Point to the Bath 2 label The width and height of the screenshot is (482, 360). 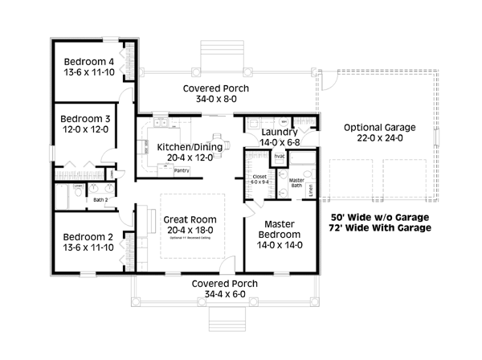pos(100,198)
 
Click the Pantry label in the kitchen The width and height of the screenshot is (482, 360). pos(182,170)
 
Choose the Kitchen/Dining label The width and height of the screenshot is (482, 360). pos(185,146)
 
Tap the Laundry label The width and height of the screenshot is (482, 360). pos(280,132)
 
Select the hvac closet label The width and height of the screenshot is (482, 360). pos(280,156)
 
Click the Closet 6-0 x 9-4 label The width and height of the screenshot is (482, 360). pos(260,178)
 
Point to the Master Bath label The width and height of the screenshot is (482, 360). pos(295,183)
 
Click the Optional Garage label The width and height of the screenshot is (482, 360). pos(379,128)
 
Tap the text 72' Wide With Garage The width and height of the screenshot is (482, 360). pos(380,228)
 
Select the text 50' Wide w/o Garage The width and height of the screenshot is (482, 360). pos(380,217)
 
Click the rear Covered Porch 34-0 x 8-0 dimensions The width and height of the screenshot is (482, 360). pos(215,100)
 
